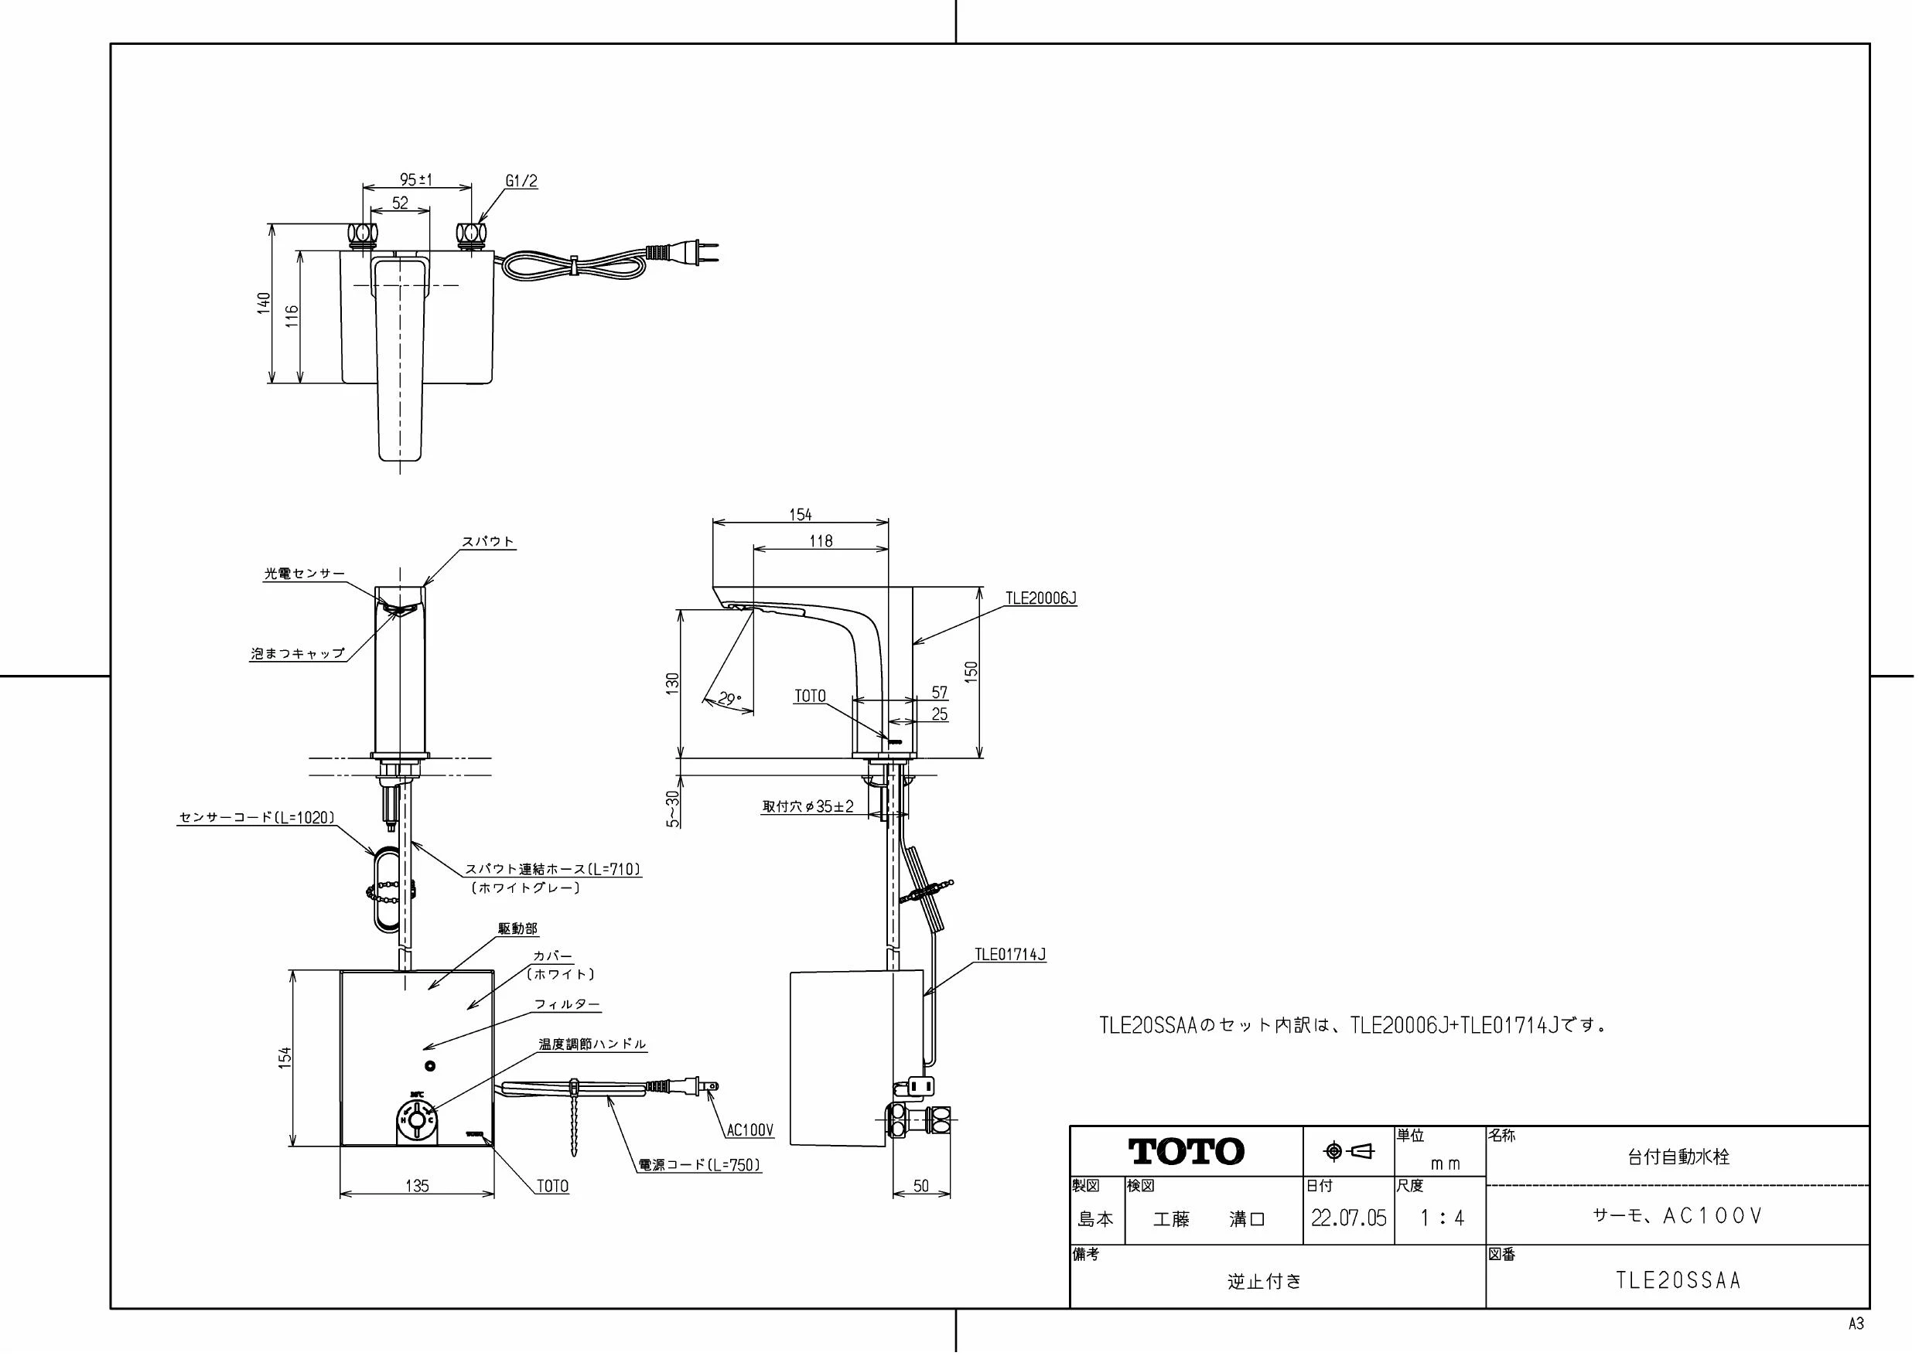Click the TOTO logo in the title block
tap(1186, 1151)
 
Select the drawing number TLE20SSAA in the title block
tap(1678, 1281)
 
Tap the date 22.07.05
tap(1348, 1218)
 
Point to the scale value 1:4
tap(1442, 1218)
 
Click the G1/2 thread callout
tap(521, 180)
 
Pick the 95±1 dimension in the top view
tap(416, 179)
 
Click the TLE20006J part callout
tap(1040, 598)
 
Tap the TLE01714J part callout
tap(1010, 954)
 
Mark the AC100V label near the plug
tap(750, 1130)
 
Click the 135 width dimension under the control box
tap(416, 1186)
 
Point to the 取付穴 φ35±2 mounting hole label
tap(808, 806)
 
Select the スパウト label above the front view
tap(489, 541)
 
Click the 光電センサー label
tap(304, 574)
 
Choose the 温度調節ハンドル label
tap(592, 1044)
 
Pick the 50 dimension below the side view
tap(921, 1186)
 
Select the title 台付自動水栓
tap(1678, 1157)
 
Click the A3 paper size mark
tap(1856, 1324)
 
